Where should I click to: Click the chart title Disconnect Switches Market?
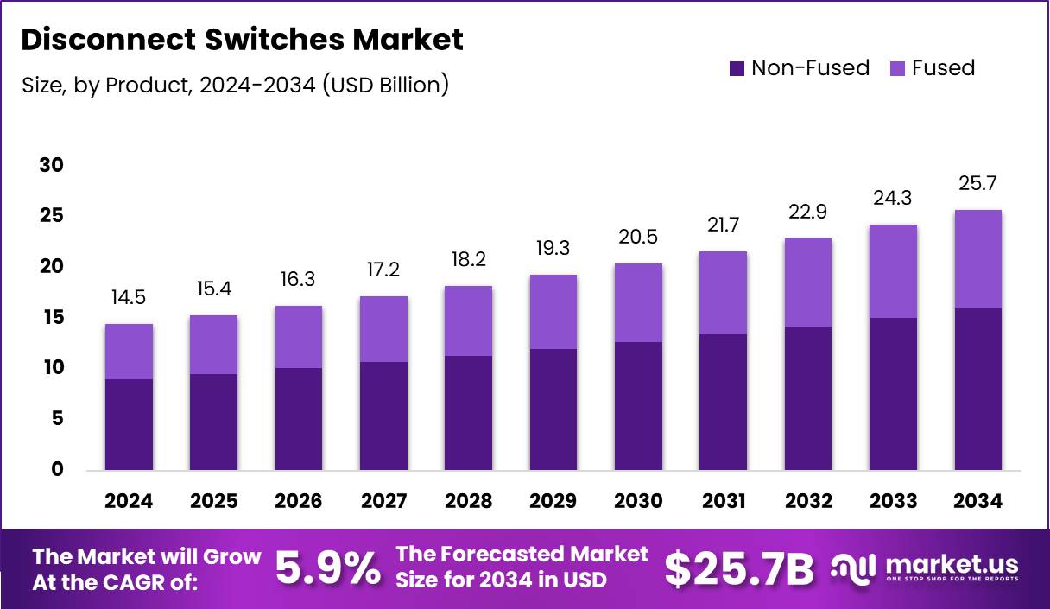tap(242, 39)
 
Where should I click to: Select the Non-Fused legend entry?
tap(800, 68)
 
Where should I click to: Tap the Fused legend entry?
tap(933, 68)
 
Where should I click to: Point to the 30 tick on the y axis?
tap(51, 165)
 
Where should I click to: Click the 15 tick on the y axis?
tap(51, 317)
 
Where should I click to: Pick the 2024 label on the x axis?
tap(129, 501)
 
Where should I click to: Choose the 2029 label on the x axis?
tap(553, 501)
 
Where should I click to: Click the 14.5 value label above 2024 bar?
tap(129, 297)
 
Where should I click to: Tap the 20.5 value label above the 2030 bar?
tap(638, 237)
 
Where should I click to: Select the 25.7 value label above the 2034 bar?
tap(978, 183)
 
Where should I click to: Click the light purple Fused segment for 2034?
tap(978, 259)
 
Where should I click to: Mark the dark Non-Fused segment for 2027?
tap(383, 416)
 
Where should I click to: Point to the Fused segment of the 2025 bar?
tap(213, 345)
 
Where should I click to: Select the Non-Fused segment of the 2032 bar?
tap(808, 398)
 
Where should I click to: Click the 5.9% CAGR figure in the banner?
tap(328, 568)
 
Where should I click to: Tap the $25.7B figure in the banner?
tap(739, 568)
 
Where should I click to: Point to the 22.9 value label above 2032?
tap(808, 213)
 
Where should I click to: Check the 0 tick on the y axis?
tap(58, 470)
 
